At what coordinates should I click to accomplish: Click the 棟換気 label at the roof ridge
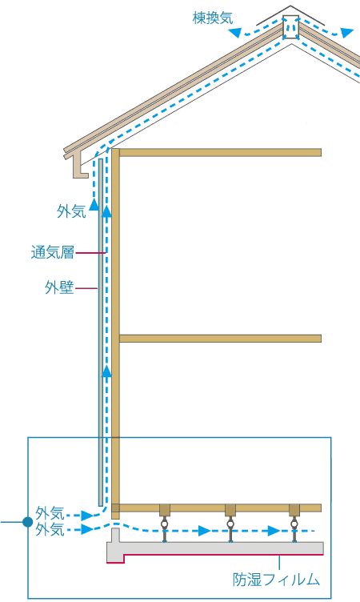pyautogui.click(x=213, y=18)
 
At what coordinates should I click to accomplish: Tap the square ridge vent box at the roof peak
pyautogui.click(x=291, y=27)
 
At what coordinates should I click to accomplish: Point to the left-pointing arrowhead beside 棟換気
pyautogui.click(x=235, y=33)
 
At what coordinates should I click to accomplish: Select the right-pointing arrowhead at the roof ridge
pyautogui.click(x=346, y=33)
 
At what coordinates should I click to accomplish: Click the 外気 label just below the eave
pyautogui.click(x=71, y=211)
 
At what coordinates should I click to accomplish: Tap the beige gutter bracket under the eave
pyautogui.click(x=81, y=165)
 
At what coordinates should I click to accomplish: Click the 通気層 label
pyautogui.click(x=53, y=253)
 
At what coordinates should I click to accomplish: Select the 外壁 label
pyautogui.click(x=59, y=287)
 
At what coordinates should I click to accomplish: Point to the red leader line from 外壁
pyautogui.click(x=86, y=288)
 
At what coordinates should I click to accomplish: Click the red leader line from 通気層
pyautogui.click(x=90, y=253)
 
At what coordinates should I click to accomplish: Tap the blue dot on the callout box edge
pyautogui.click(x=28, y=522)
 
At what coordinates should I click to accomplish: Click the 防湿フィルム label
pyautogui.click(x=276, y=580)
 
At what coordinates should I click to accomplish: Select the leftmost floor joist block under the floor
pyautogui.click(x=165, y=510)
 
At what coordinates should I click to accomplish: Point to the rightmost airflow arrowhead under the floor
pyautogui.click(x=274, y=531)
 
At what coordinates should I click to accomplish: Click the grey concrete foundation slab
pyautogui.click(x=215, y=547)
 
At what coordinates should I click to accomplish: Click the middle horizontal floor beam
pyautogui.click(x=220, y=339)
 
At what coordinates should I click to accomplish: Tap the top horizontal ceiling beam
pyautogui.click(x=220, y=152)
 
